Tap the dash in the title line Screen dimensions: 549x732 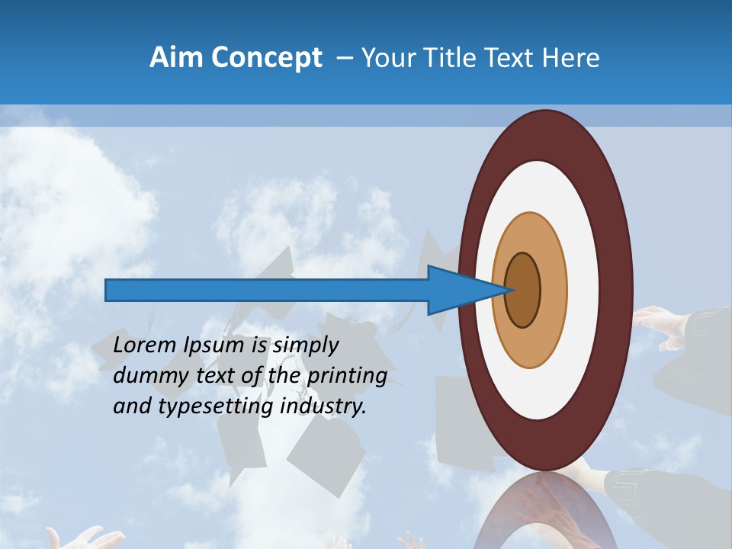click(x=345, y=58)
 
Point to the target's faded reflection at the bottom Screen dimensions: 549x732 click(x=545, y=518)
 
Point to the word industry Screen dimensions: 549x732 click(x=323, y=407)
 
